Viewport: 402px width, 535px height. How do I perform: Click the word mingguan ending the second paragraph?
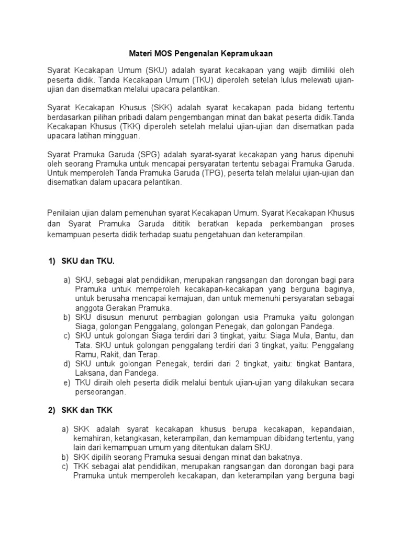(x=124, y=136)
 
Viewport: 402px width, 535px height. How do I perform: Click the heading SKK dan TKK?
(x=87, y=410)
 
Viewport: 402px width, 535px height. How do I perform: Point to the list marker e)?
(x=66, y=383)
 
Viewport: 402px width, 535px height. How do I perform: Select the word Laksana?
(x=90, y=374)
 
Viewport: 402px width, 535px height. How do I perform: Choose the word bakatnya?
(x=255, y=458)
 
